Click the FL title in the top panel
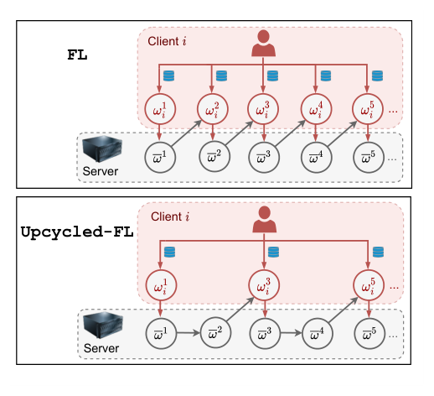click(x=77, y=55)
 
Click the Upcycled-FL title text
click(x=77, y=232)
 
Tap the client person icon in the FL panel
click(x=263, y=44)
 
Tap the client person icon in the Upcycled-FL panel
click(x=265, y=219)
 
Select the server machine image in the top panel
click(x=102, y=148)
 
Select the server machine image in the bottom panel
click(x=103, y=326)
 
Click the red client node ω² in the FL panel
click(x=213, y=109)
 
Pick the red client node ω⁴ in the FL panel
click(x=316, y=109)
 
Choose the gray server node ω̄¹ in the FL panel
click(x=160, y=158)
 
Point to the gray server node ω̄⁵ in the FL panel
click(x=369, y=158)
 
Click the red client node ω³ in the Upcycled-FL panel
click(x=264, y=285)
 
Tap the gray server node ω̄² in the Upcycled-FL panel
click(x=215, y=333)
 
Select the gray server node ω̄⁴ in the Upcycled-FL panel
click(x=318, y=333)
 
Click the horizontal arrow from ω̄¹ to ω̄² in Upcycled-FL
click(x=188, y=333)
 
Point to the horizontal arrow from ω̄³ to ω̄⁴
click(x=291, y=333)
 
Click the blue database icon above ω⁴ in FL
click(x=326, y=76)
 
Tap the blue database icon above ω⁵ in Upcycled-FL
click(x=378, y=252)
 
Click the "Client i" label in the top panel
click(x=167, y=41)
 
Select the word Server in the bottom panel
click(x=101, y=348)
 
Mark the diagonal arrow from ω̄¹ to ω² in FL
click(x=187, y=133)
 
